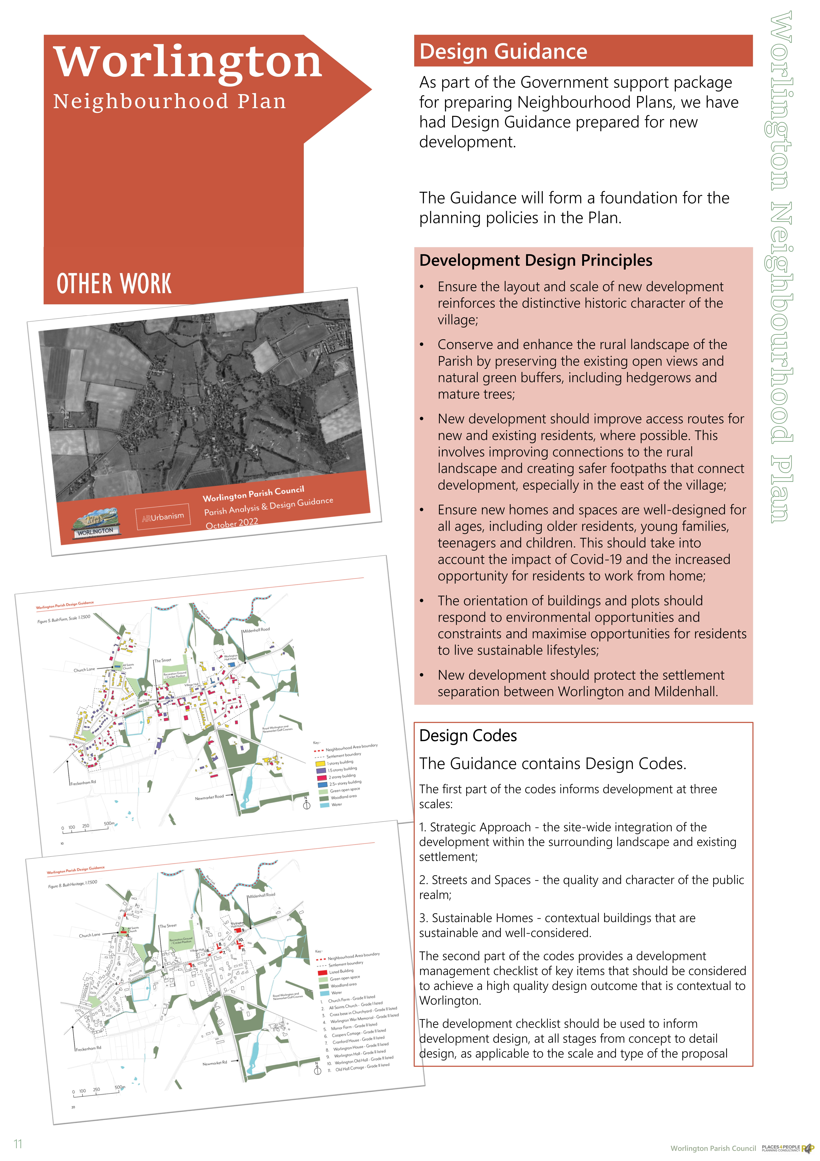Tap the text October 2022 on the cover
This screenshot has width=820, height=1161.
point(232,523)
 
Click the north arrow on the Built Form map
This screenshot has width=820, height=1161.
point(306,804)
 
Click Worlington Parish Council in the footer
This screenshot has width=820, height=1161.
point(713,1148)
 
